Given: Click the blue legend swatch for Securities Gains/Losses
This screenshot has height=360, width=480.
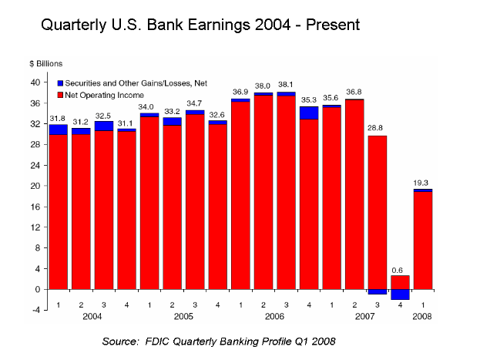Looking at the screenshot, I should pyautogui.click(x=59, y=82).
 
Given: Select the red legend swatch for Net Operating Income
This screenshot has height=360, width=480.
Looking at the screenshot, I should pyautogui.click(x=59, y=93).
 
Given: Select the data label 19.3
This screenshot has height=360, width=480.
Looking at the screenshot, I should pyautogui.click(x=422, y=183).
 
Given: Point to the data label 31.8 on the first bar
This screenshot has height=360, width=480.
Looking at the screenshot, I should pyautogui.click(x=58, y=118).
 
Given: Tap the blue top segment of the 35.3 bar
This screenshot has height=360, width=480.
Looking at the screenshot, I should pyautogui.click(x=309, y=113).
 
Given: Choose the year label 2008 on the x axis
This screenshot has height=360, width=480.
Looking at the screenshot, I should pyautogui.click(x=422, y=316).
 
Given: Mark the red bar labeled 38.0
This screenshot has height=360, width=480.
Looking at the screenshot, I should pyautogui.click(x=263, y=193).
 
